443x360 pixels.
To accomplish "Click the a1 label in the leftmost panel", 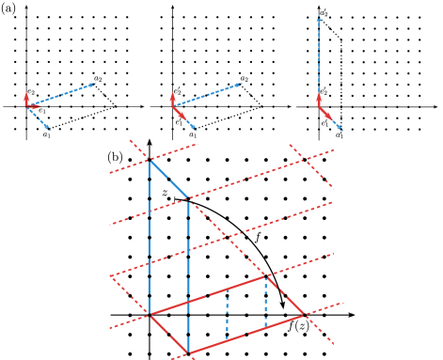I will click(x=45, y=134).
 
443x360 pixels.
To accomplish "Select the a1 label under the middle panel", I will click(x=193, y=134).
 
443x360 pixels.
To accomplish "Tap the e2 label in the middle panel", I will click(x=177, y=91).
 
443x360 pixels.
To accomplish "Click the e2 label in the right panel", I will click(x=324, y=91).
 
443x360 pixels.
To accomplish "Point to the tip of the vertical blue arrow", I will click(x=319, y=14).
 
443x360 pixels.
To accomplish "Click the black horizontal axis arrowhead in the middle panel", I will click(x=292, y=106).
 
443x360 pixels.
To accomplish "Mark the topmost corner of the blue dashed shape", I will click(x=150, y=161).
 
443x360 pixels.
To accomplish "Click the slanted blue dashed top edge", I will click(x=169, y=180).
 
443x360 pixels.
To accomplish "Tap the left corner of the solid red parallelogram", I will click(x=150, y=314).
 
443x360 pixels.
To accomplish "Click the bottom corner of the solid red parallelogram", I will click(x=188, y=353).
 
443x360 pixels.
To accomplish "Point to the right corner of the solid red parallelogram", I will click(x=304, y=315).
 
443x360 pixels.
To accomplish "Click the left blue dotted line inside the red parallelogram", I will click(x=227, y=315).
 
